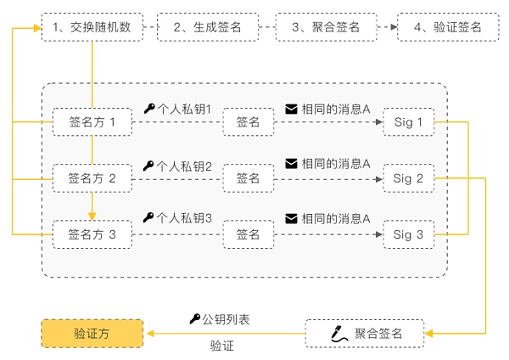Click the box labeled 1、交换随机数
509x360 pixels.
click(x=92, y=27)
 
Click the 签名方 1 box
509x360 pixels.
click(x=92, y=122)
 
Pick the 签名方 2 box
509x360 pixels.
click(x=92, y=178)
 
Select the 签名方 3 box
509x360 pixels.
click(x=92, y=234)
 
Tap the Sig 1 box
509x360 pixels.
click(x=408, y=122)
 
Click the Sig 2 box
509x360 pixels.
click(x=408, y=178)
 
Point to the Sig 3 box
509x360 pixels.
click(x=408, y=234)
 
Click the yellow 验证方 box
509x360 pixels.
click(x=92, y=334)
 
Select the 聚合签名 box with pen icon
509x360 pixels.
click(x=365, y=334)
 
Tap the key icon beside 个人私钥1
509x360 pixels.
click(x=149, y=109)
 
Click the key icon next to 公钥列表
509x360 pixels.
click(x=194, y=319)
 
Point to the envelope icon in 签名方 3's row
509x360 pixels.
click(x=291, y=218)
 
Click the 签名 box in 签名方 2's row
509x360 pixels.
click(x=248, y=178)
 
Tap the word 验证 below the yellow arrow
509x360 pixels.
click(x=221, y=346)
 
